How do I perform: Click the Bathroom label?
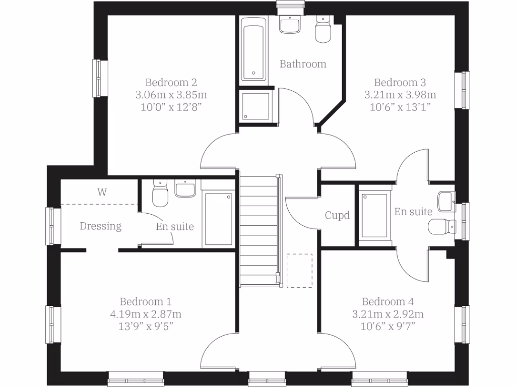pos(303,64)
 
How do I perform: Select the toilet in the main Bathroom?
pos(322,29)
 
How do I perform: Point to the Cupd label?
pos(337,216)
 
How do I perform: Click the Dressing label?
pos(101,226)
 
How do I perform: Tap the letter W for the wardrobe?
pos(102,192)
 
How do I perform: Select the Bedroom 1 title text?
pos(146,302)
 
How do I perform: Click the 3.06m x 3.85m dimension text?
pos(171,95)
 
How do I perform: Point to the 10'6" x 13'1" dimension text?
pos(400,107)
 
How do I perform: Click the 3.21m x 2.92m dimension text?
pos(388,314)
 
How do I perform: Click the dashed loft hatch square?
pos(299,271)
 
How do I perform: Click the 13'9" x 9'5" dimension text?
pos(146,327)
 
